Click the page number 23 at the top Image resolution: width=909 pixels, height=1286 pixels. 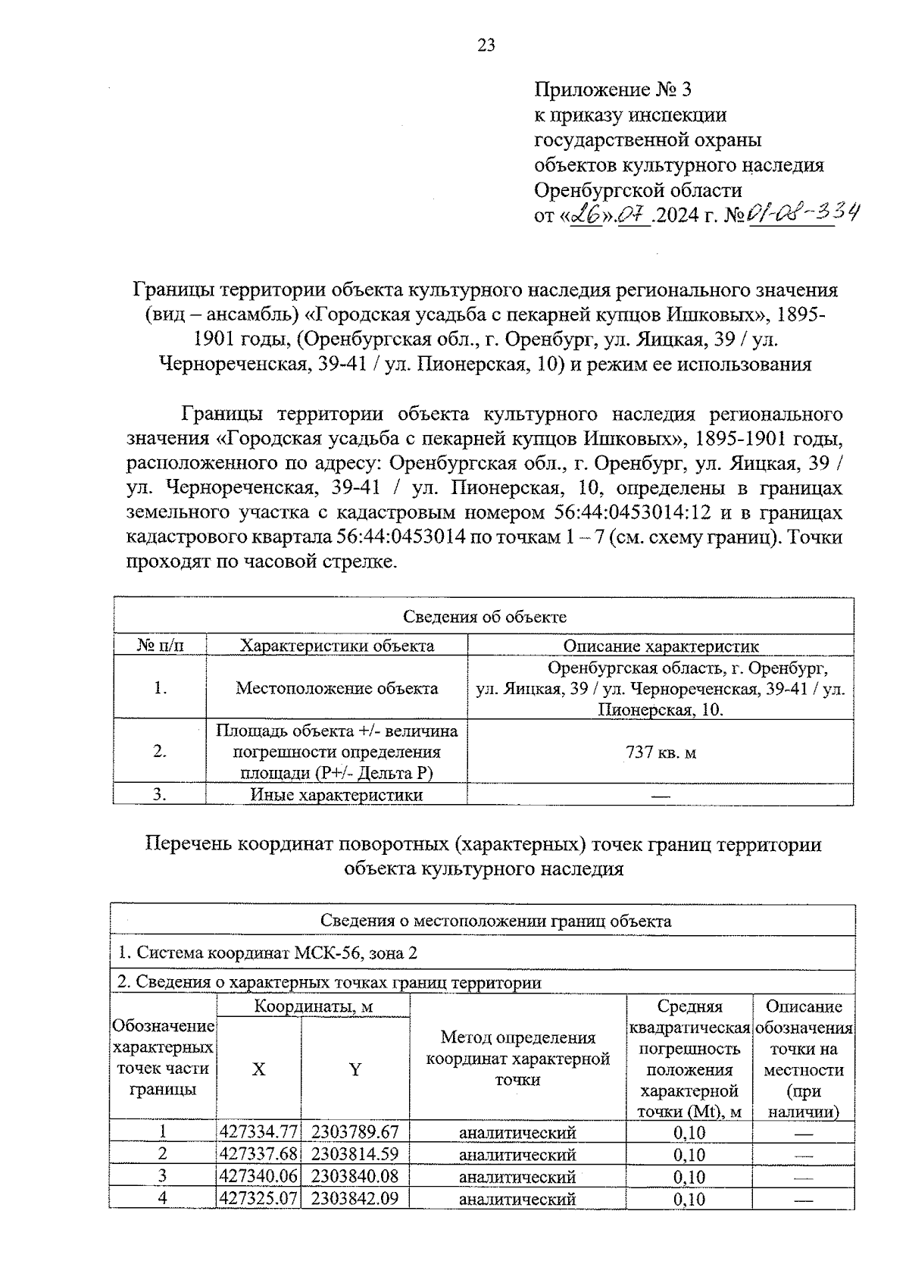(x=486, y=45)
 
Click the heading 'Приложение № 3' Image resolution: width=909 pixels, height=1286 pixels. (x=613, y=91)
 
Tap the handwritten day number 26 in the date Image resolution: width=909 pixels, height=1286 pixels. (x=585, y=215)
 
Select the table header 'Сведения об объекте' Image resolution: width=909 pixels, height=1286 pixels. (x=484, y=617)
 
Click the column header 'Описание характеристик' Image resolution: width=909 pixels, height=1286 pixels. (x=661, y=646)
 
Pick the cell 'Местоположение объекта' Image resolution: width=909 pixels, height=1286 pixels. (x=336, y=688)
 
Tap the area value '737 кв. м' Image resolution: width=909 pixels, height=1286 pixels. (x=661, y=753)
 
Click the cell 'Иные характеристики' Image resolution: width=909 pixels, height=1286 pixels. (x=336, y=795)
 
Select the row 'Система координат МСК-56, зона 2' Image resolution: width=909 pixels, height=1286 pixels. (x=267, y=953)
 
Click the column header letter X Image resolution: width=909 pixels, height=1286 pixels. (x=259, y=1069)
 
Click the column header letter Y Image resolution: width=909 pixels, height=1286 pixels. (x=355, y=1069)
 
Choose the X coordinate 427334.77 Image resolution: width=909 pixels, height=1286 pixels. (x=259, y=1133)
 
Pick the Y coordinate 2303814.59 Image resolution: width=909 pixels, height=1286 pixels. (x=355, y=1155)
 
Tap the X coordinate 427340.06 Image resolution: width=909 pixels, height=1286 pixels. (x=259, y=1177)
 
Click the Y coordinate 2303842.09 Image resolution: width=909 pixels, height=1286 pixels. (x=355, y=1199)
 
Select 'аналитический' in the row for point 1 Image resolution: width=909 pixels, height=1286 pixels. (x=517, y=1133)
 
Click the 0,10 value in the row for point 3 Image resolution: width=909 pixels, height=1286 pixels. (x=689, y=1177)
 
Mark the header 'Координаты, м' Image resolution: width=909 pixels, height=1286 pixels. (x=313, y=1007)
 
